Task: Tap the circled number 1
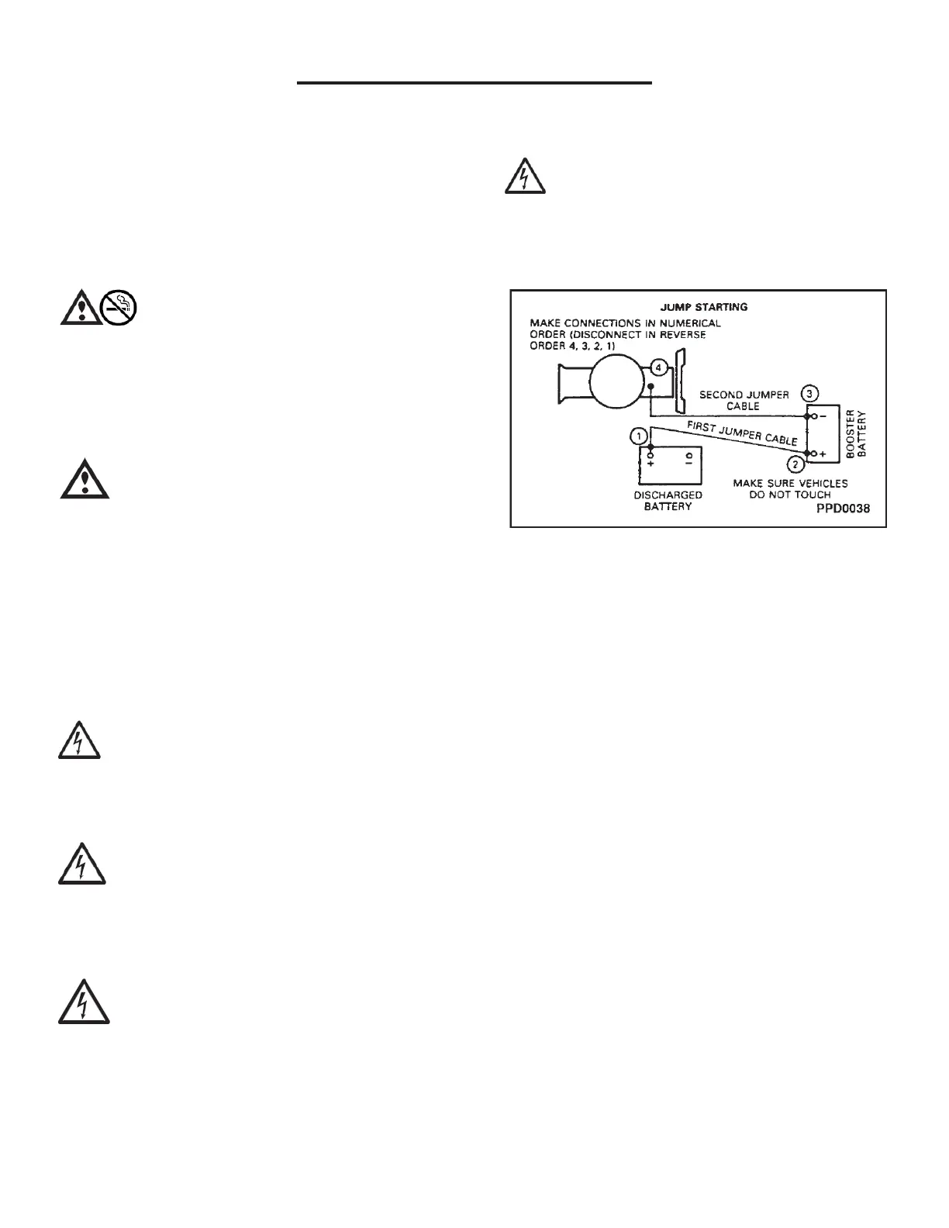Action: coord(638,436)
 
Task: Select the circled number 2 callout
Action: coord(795,464)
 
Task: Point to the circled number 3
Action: coord(809,392)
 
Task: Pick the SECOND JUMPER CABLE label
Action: coord(744,400)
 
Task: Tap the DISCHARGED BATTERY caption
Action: coord(668,500)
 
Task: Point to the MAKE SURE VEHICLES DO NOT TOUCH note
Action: coord(790,488)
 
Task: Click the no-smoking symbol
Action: coord(119,308)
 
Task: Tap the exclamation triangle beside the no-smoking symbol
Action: coord(80,308)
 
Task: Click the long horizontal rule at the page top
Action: coord(474,81)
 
